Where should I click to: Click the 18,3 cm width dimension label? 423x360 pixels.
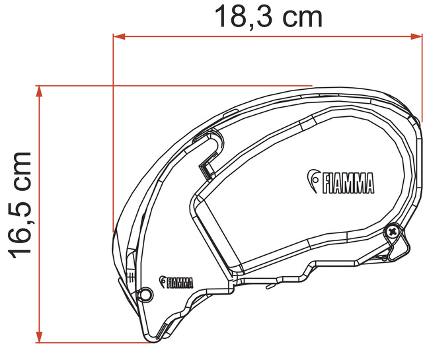tap(268, 17)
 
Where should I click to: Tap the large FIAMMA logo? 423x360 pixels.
tap(341, 182)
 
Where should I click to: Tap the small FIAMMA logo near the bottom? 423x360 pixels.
tap(176, 282)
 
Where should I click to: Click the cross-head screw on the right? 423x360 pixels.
tap(391, 231)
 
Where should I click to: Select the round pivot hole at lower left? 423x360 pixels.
tap(146, 294)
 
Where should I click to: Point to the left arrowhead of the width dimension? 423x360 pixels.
tap(119, 36)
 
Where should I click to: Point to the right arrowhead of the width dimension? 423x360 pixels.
tap(416, 36)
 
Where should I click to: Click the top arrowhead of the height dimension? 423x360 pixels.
tap(40, 91)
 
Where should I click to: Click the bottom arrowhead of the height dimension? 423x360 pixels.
tap(40, 337)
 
